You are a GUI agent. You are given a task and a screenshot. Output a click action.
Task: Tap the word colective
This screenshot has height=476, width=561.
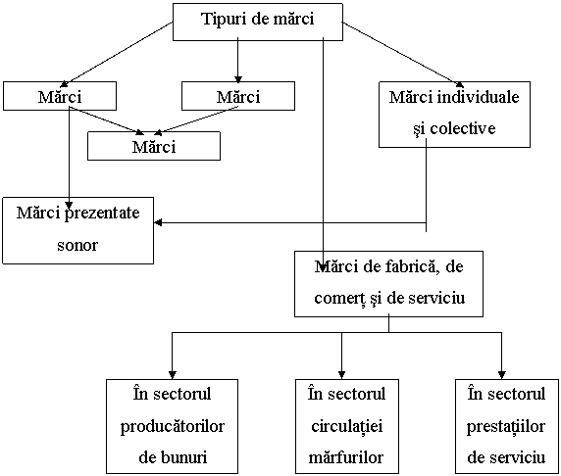click(x=463, y=128)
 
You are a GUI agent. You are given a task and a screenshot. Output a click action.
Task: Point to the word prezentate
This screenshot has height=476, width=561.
click(x=102, y=214)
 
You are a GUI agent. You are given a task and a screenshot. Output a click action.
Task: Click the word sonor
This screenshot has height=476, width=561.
click(x=77, y=246)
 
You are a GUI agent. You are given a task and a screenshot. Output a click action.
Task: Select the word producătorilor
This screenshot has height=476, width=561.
click(x=172, y=427)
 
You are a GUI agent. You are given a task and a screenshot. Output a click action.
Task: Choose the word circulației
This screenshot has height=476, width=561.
click(x=346, y=426)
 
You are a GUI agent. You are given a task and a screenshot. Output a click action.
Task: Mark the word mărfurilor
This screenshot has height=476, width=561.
click(x=345, y=457)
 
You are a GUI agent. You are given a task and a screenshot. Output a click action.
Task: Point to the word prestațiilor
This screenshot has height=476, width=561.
click(x=505, y=427)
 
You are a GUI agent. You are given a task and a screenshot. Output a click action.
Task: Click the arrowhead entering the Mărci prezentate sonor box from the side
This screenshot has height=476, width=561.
click(x=158, y=222)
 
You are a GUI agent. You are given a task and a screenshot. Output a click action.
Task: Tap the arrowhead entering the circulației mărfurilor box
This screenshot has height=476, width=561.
click(x=341, y=375)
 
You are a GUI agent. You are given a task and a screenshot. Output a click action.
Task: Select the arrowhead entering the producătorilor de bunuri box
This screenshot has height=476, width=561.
click(x=172, y=375)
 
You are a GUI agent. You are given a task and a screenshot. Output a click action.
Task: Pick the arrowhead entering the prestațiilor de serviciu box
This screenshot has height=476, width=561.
click(x=501, y=375)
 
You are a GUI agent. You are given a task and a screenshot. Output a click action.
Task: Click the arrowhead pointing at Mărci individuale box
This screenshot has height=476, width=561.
click(x=460, y=84)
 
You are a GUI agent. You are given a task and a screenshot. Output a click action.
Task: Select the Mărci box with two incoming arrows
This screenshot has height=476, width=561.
click(x=154, y=146)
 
